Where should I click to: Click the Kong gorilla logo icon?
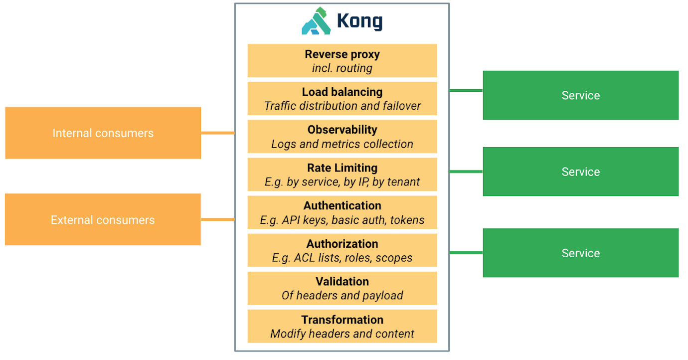coord(316,21)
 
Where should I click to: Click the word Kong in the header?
coord(359,21)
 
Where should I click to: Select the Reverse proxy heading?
coord(342,54)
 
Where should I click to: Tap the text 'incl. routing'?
coord(342,68)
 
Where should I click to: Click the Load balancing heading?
coord(342,92)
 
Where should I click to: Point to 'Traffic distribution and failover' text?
coord(342,106)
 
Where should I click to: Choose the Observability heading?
coord(342,130)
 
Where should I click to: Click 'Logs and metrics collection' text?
coord(342,144)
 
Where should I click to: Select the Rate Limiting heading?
coord(342,168)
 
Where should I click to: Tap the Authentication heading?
coord(342,205)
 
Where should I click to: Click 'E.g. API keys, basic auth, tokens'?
coord(342,220)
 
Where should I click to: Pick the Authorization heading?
coord(342,244)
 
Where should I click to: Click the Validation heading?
coord(342,281)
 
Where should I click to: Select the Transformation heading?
coord(342,320)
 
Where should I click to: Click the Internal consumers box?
coord(103,133)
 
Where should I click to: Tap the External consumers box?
coord(103,220)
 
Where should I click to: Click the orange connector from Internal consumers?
coord(217,133)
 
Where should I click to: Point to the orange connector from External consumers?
coord(217,219)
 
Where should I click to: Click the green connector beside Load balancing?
coord(466,90)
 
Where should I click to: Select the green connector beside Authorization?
coord(466,253)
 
